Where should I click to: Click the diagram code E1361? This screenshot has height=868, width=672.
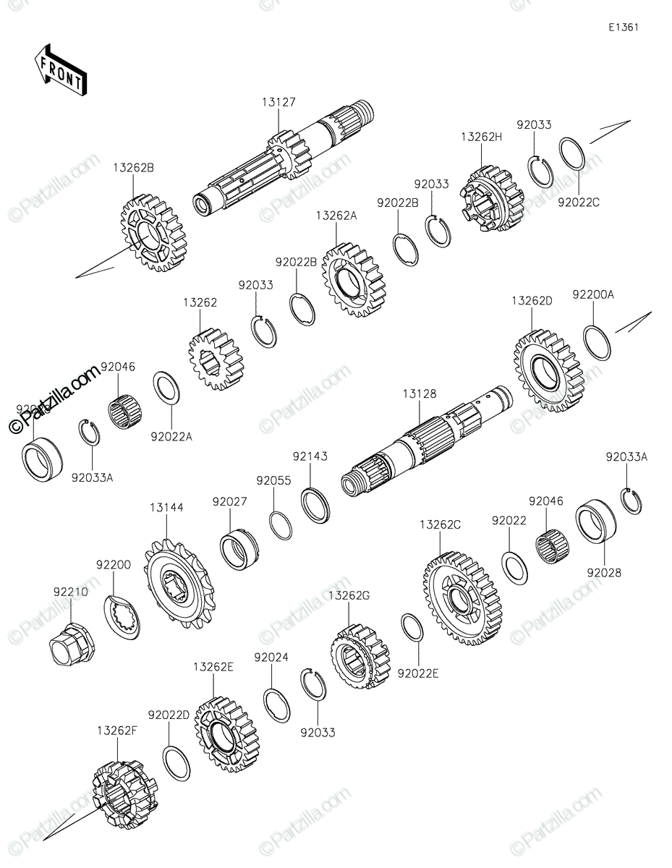(x=623, y=27)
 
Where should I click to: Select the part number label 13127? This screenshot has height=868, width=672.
(x=278, y=103)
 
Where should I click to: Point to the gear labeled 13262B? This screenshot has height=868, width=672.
(x=153, y=233)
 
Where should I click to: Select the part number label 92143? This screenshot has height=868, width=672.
(x=310, y=456)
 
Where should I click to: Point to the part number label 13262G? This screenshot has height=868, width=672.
(x=349, y=595)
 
